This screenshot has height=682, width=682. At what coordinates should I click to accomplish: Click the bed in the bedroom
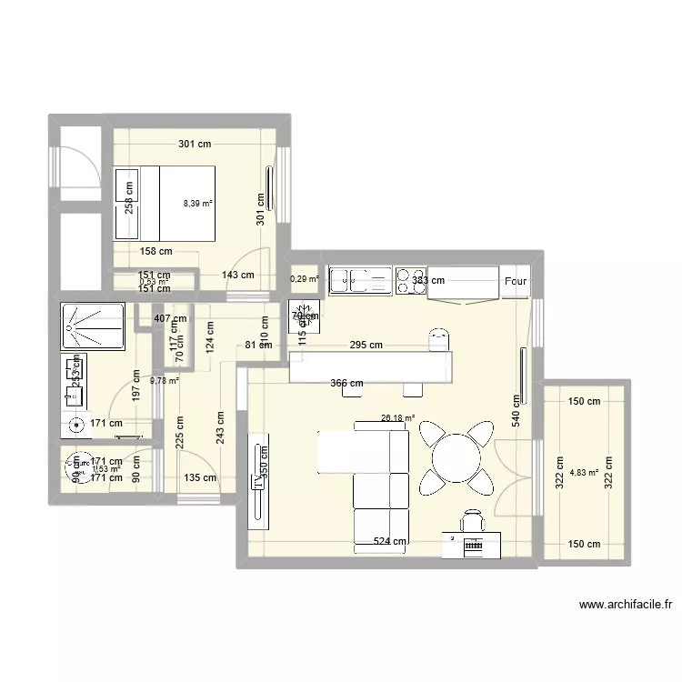[165, 204]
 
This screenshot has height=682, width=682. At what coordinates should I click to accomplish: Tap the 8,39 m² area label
[197, 205]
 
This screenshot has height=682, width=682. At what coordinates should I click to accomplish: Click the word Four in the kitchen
[516, 282]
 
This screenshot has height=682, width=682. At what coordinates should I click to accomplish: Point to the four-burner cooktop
[411, 281]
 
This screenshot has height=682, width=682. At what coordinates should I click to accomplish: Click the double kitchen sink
[359, 281]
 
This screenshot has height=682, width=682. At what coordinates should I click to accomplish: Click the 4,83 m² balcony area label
[583, 472]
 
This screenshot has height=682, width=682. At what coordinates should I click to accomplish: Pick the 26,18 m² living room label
[397, 419]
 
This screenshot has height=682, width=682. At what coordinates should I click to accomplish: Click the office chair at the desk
[471, 520]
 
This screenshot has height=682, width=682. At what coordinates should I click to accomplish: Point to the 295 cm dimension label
[363, 345]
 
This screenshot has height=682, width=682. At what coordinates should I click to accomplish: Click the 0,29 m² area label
[305, 280]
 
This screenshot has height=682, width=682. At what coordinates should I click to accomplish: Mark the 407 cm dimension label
[169, 319]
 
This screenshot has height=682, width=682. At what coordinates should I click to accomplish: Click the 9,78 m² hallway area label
[165, 381]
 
